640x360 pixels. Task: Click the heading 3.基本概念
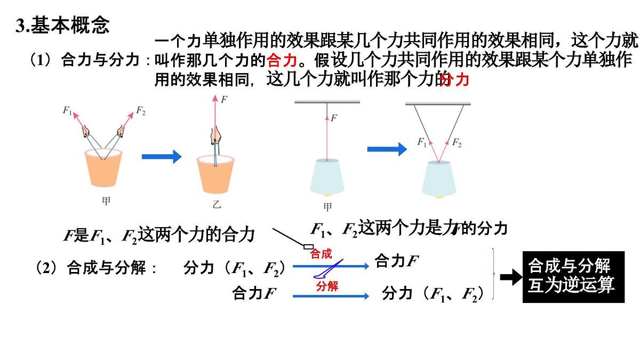coord(62,25)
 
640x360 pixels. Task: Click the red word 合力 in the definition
coord(282,60)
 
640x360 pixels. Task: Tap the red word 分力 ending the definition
coord(455,79)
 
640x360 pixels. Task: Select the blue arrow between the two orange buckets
coord(162,157)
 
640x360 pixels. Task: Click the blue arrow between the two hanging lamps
coord(387,149)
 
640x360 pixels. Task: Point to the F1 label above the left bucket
coord(67,110)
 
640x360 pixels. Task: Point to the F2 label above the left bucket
coord(141,110)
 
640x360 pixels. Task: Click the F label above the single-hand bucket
coord(224,99)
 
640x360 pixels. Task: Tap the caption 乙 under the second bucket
coord(217,204)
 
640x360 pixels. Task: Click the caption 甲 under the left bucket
coord(106,201)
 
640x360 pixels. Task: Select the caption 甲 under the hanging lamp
coord(327,207)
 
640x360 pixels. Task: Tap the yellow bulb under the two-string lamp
coord(439,197)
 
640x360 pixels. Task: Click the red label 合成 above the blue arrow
coord(321,254)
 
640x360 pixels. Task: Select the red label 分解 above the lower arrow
coord(327,286)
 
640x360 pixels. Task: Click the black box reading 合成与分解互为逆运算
coord(573,277)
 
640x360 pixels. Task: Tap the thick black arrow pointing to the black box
coord(511,277)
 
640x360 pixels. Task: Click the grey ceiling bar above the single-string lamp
coord(327,101)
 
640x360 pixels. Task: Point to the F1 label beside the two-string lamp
coord(422,142)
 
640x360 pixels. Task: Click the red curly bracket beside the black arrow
coord(494,274)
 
